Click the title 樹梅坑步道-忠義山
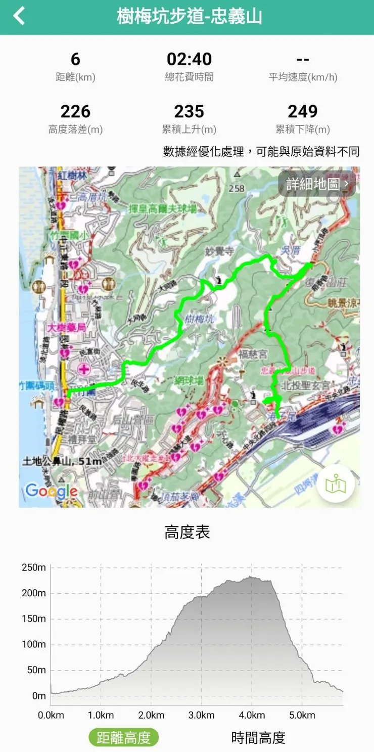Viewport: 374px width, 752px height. point(190,17)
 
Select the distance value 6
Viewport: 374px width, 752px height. point(75,59)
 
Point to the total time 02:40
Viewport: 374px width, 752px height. point(189,59)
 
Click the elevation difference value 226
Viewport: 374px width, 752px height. point(75,111)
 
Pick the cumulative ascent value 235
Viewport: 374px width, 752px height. point(189,111)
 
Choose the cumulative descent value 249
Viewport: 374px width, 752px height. point(302,111)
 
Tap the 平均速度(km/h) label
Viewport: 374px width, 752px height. point(303,77)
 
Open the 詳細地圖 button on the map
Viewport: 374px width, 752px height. point(317,184)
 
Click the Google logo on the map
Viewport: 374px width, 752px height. point(52,491)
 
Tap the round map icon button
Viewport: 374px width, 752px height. point(336,484)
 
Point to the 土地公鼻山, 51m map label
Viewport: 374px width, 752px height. point(63,461)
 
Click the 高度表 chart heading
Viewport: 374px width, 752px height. point(187,533)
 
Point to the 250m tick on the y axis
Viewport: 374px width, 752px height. point(34,568)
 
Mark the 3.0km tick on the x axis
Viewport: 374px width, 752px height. point(201,715)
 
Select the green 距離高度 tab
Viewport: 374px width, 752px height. point(124,738)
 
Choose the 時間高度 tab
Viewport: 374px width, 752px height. point(258,738)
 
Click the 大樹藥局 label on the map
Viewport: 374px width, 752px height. point(66,328)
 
